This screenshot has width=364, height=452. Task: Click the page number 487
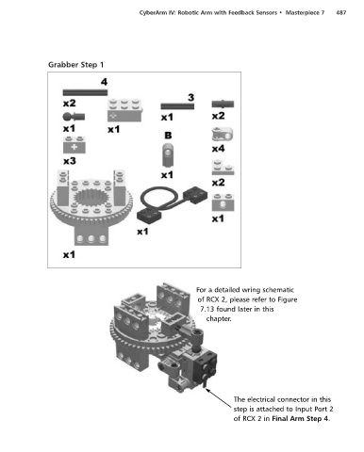(x=341, y=13)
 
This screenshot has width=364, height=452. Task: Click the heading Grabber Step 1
(x=75, y=65)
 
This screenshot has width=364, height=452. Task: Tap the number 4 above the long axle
(x=104, y=82)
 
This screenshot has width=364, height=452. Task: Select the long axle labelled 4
(x=85, y=92)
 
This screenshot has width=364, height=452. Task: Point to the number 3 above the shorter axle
(x=190, y=98)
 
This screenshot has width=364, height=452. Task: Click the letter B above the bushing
(x=168, y=136)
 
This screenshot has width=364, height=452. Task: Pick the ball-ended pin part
(x=74, y=117)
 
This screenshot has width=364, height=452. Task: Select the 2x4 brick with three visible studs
(x=124, y=110)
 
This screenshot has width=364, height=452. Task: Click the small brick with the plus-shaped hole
(x=74, y=145)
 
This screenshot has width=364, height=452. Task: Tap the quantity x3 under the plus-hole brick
(x=70, y=161)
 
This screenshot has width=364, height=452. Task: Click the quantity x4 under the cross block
(x=218, y=148)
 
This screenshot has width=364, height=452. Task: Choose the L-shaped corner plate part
(x=223, y=168)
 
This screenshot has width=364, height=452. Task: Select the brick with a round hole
(x=223, y=202)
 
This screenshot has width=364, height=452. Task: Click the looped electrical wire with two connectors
(x=173, y=203)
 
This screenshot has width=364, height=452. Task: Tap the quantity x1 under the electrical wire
(x=142, y=232)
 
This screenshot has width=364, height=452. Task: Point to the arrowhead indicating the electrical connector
(x=207, y=390)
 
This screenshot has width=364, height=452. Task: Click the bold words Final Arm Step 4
(x=300, y=419)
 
